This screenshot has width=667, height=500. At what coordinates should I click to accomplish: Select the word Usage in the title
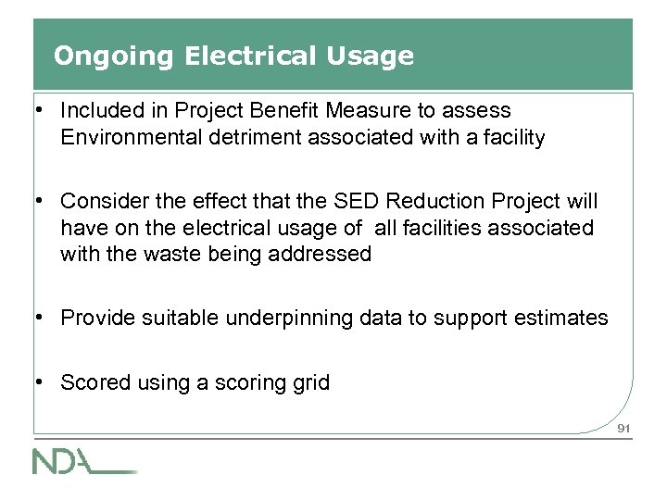click(374, 56)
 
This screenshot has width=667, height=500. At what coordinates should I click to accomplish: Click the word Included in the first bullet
click(98, 110)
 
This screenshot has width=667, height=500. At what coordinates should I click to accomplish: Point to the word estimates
click(567, 319)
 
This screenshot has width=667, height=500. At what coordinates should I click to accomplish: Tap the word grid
click(311, 381)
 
